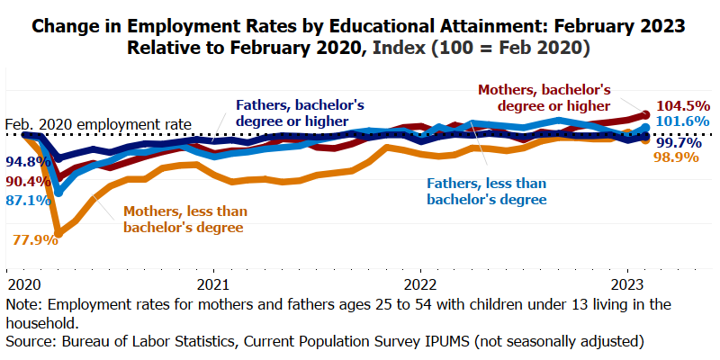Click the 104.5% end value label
click(684, 104)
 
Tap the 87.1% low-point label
click(25, 200)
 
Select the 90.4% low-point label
click(25, 181)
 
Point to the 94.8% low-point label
click(25, 162)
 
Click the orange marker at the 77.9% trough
click(59, 234)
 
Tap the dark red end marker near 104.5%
click(645, 114)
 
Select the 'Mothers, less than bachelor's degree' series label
click(184, 220)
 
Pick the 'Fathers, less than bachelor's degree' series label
click(486, 191)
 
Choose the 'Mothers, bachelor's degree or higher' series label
click(544, 98)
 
